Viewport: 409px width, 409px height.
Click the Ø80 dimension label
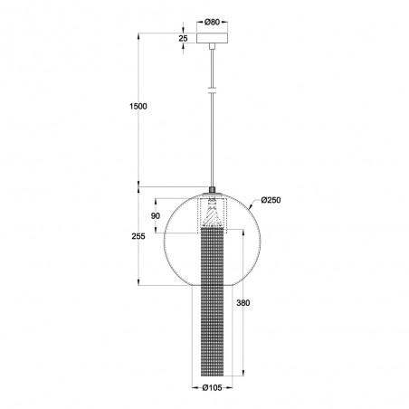(212, 22)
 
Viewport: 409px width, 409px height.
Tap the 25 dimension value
(183, 38)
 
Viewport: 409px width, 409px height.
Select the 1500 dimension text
(138, 106)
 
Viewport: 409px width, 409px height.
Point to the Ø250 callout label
(271, 200)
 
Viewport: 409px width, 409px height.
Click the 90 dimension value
(156, 216)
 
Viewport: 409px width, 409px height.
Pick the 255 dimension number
(138, 236)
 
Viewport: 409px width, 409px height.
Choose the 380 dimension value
(243, 302)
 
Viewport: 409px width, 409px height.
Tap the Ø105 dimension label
(212, 387)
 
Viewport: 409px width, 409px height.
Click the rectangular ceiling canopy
(212, 38)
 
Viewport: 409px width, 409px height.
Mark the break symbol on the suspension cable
(213, 90)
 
